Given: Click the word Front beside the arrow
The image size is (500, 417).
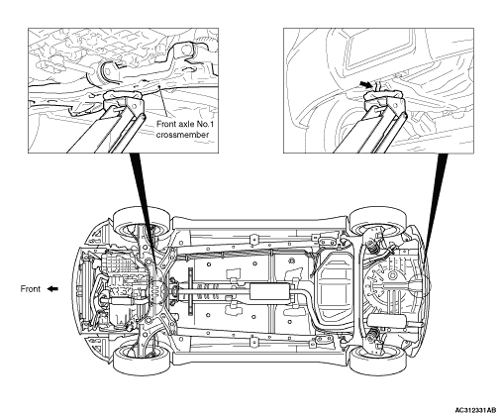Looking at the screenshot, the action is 31,289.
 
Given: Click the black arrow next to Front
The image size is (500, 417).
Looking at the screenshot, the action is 52,289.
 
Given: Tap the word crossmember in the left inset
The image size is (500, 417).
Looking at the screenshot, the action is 182,135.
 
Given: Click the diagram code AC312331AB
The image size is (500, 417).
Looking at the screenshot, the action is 475,410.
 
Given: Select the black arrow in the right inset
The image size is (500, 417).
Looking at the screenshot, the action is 366,85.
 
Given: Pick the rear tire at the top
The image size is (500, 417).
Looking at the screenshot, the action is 378,220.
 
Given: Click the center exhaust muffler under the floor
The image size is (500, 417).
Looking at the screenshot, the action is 269,291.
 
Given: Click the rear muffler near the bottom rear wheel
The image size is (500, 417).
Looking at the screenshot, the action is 386,320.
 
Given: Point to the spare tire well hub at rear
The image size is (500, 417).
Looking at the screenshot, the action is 393,275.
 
